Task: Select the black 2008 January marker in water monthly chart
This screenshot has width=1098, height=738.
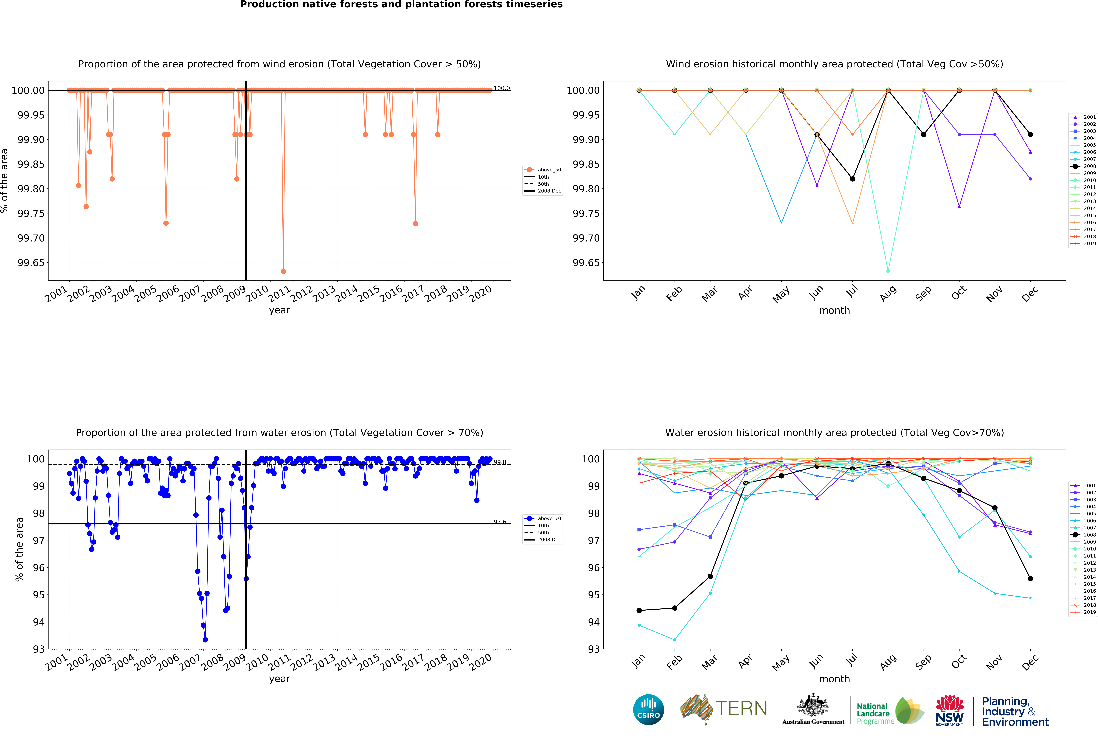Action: (639, 610)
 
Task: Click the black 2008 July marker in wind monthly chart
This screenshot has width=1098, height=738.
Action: (852, 179)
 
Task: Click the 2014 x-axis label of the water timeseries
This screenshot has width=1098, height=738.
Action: (347, 663)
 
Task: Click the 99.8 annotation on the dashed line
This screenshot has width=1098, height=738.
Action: (500, 462)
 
